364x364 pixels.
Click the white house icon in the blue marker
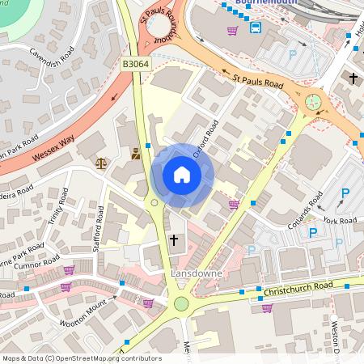coord(182,174)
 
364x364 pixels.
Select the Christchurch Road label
coord(296,288)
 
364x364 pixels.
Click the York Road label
coord(340,220)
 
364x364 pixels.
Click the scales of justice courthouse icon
coord(101,163)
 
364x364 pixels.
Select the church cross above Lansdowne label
coord(174,240)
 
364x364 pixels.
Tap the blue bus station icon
coord(256,28)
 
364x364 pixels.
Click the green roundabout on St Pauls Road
coord(312,102)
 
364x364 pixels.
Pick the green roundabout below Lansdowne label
coord(181,304)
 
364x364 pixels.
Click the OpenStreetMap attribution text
coord(81,358)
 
